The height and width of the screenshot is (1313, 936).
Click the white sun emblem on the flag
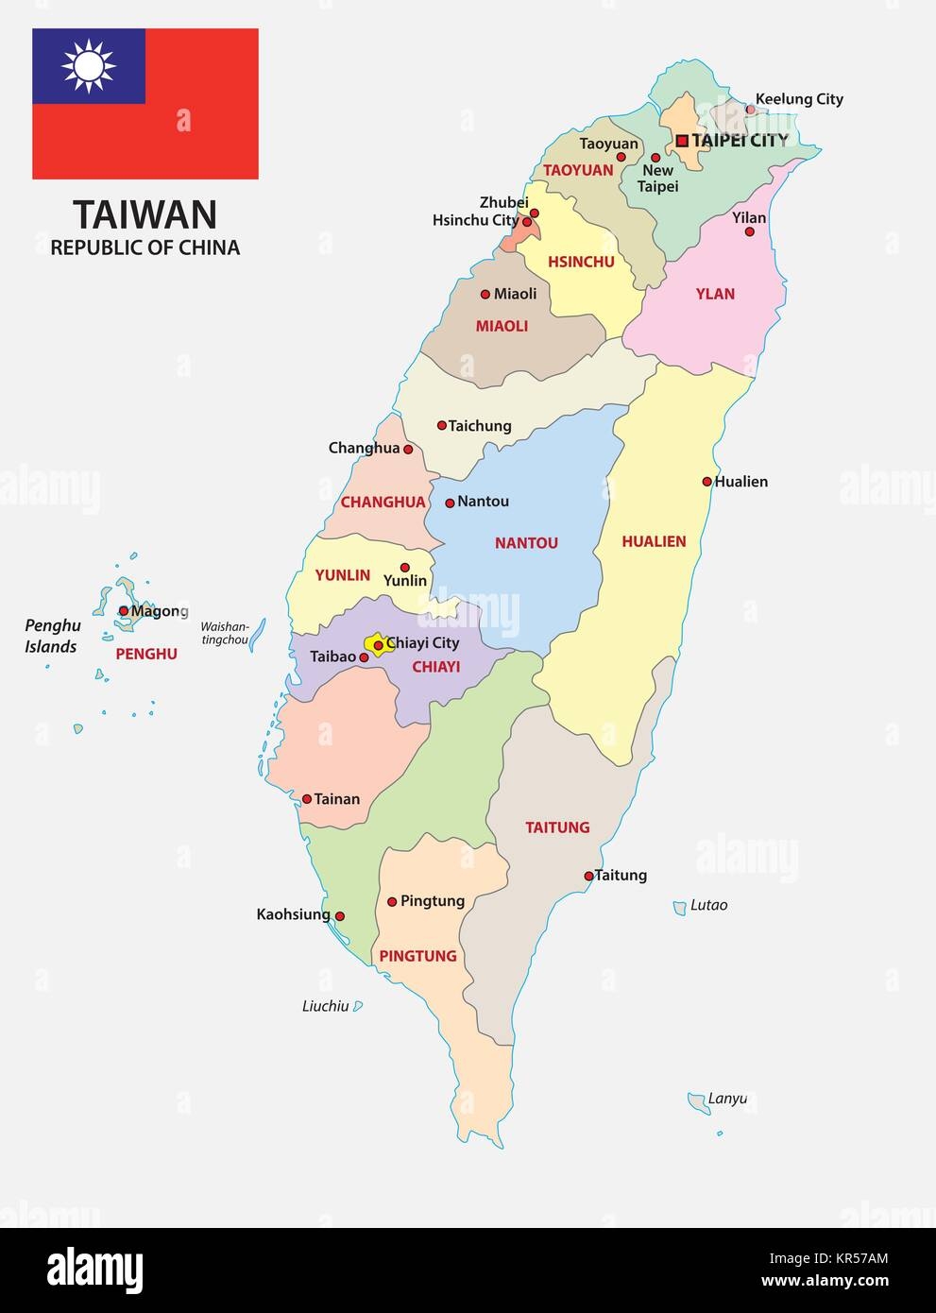(x=88, y=66)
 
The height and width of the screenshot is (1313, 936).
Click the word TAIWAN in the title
(x=145, y=214)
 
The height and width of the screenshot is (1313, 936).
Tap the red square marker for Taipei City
(x=682, y=141)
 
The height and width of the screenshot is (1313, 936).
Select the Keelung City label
(x=800, y=99)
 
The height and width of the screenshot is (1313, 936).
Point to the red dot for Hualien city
(x=706, y=482)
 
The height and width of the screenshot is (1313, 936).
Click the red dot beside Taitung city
(x=588, y=876)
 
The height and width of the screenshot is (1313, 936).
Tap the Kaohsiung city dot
(x=340, y=916)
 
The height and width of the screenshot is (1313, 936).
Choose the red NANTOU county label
(x=526, y=543)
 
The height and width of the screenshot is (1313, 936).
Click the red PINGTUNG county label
(x=417, y=956)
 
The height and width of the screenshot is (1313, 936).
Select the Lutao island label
(x=708, y=905)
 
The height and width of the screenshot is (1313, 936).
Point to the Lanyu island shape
(x=697, y=1100)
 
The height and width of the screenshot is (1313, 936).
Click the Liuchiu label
(x=325, y=1006)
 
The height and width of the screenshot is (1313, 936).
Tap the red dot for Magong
(x=124, y=611)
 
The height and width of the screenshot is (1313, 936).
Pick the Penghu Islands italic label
(x=52, y=636)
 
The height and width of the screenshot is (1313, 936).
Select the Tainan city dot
(x=307, y=799)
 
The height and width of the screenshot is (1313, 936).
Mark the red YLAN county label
(x=715, y=294)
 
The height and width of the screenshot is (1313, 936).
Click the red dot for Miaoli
(x=485, y=295)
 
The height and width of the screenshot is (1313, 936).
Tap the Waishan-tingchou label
(x=224, y=633)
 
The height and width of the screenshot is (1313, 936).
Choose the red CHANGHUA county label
(x=383, y=503)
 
